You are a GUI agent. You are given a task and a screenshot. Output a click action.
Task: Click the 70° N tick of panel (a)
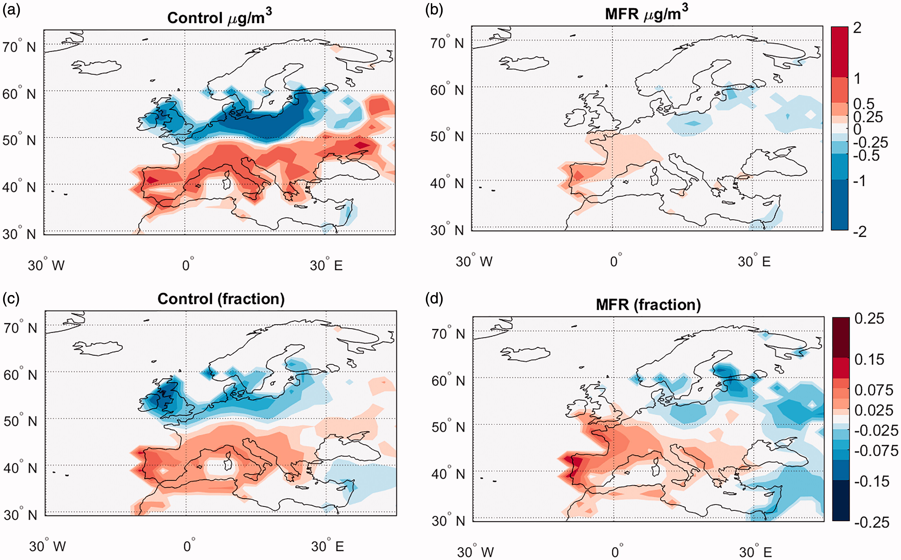(x=19, y=47)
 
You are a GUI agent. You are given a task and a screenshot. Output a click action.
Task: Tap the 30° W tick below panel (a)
(x=46, y=265)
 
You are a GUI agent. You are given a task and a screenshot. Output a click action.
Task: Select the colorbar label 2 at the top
(x=857, y=28)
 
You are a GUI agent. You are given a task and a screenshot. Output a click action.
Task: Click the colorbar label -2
(x=860, y=232)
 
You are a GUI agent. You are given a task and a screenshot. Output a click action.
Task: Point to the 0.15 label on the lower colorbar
(x=869, y=359)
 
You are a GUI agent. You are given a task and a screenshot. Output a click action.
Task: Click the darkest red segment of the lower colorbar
(x=841, y=337)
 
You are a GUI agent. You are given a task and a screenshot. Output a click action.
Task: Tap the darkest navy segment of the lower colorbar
(x=841, y=500)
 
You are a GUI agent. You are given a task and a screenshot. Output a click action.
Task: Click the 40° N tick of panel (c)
(x=20, y=468)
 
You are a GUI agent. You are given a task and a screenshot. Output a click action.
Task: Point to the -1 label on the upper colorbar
(x=859, y=181)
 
